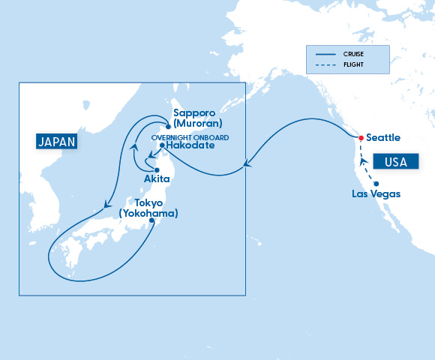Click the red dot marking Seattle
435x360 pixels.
pyautogui.click(x=360, y=138)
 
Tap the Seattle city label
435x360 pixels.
pyautogui.click(x=383, y=138)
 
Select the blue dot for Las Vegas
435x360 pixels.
pyautogui.click(x=376, y=184)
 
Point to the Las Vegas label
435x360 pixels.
pyautogui.click(x=376, y=194)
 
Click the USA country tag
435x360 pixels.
pyautogui.click(x=394, y=161)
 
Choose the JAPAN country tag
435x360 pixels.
pyautogui.click(x=58, y=141)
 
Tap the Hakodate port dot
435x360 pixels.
pyautogui.click(x=162, y=145)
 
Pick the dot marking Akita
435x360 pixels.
pyautogui.click(x=157, y=170)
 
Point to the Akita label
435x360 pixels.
pyautogui.click(x=157, y=180)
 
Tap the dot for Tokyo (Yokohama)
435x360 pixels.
pyautogui.click(x=154, y=221)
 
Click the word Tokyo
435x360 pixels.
pyautogui.click(x=148, y=203)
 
